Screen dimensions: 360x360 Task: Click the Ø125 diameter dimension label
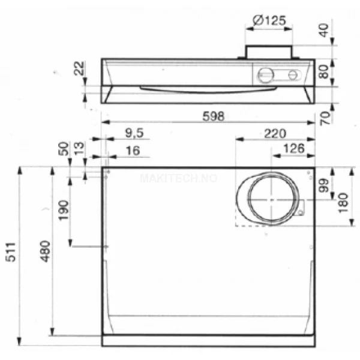(x=269, y=20)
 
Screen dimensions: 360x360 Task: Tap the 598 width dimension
(x=213, y=116)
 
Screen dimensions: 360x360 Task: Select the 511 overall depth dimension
(x=11, y=252)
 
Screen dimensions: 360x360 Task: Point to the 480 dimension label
(x=45, y=251)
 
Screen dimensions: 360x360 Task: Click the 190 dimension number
(x=63, y=210)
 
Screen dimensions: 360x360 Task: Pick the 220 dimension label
(x=275, y=134)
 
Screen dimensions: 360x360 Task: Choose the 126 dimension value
(x=294, y=149)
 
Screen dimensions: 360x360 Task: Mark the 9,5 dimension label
(x=134, y=133)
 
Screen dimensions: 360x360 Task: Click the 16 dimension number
(x=133, y=151)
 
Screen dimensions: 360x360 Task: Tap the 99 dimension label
(x=324, y=185)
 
